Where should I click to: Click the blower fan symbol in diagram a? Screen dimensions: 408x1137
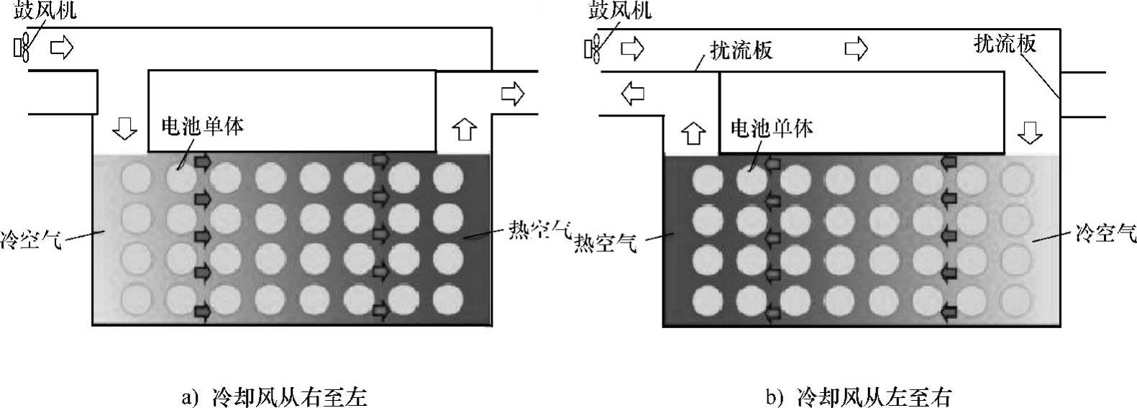pyautogui.click(x=22, y=47)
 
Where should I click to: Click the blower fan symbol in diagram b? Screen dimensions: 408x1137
pyautogui.click(x=594, y=47)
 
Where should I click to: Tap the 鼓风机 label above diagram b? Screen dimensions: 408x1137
pyautogui.click(x=621, y=12)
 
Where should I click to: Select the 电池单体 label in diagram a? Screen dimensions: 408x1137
pyautogui.click(x=202, y=127)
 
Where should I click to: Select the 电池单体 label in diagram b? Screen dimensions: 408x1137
pyautogui.click(x=772, y=128)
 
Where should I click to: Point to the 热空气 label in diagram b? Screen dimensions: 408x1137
pyautogui.click(x=606, y=243)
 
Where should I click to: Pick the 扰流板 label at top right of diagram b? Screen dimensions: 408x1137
pyautogui.click(x=1005, y=44)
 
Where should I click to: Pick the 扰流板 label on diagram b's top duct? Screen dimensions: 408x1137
pyautogui.click(x=741, y=50)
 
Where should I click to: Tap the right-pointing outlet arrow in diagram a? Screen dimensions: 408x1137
pyautogui.click(x=513, y=94)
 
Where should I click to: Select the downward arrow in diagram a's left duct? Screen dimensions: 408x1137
pyautogui.click(x=125, y=130)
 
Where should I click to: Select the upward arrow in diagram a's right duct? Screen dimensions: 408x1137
pyautogui.click(x=465, y=130)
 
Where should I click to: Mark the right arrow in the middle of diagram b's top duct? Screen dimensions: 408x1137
pyautogui.click(x=856, y=48)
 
